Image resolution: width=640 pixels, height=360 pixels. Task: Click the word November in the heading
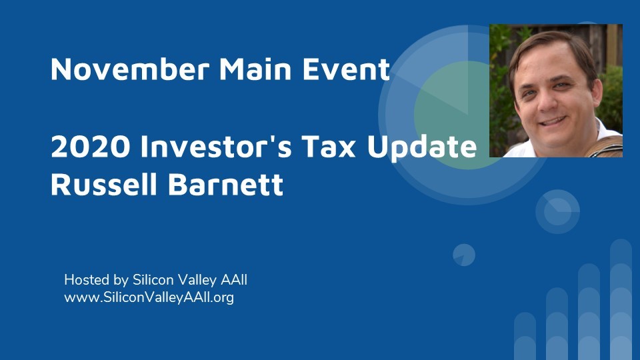tap(130, 69)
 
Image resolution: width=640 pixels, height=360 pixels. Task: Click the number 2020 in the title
tap(90, 146)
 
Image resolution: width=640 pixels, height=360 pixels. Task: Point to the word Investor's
tap(216, 146)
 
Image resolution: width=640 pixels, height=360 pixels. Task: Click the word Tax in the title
tap(329, 146)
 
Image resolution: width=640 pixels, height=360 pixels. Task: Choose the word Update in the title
tap(421, 147)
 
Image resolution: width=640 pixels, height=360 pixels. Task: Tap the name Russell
tap(104, 184)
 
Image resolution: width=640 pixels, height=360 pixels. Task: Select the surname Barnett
tap(225, 184)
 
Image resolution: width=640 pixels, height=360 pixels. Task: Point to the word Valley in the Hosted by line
tap(194, 281)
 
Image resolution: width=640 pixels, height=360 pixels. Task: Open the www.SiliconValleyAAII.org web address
tap(149, 297)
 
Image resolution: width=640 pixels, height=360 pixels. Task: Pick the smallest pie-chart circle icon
tap(464, 255)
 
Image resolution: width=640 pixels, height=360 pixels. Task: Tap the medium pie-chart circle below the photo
tap(557, 212)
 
